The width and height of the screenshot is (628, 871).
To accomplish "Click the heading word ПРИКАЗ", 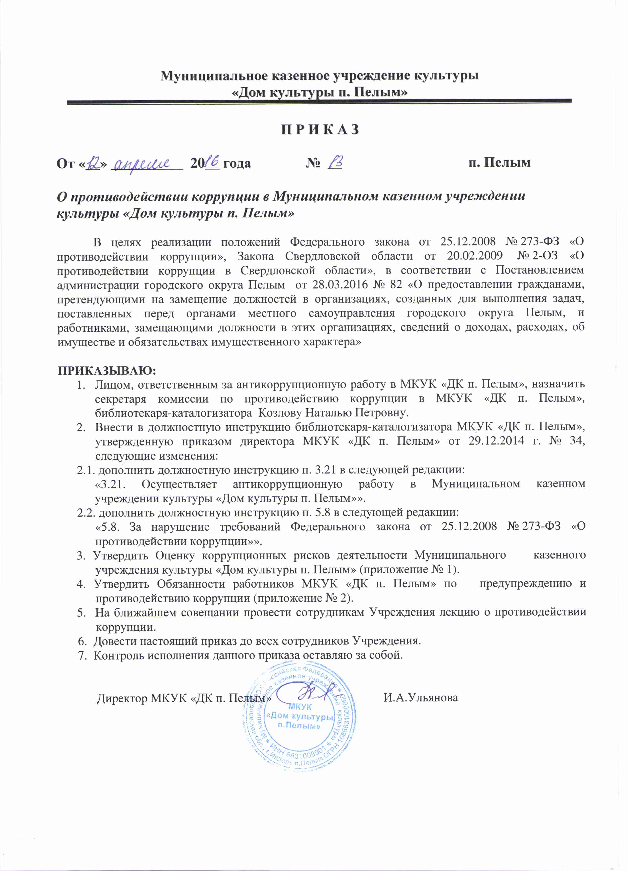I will (x=320, y=130).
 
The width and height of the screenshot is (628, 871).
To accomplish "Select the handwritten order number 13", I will (x=335, y=162).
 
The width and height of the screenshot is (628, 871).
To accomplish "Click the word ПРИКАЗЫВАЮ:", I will (x=107, y=371).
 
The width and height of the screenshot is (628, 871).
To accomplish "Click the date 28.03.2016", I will (x=352, y=284).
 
